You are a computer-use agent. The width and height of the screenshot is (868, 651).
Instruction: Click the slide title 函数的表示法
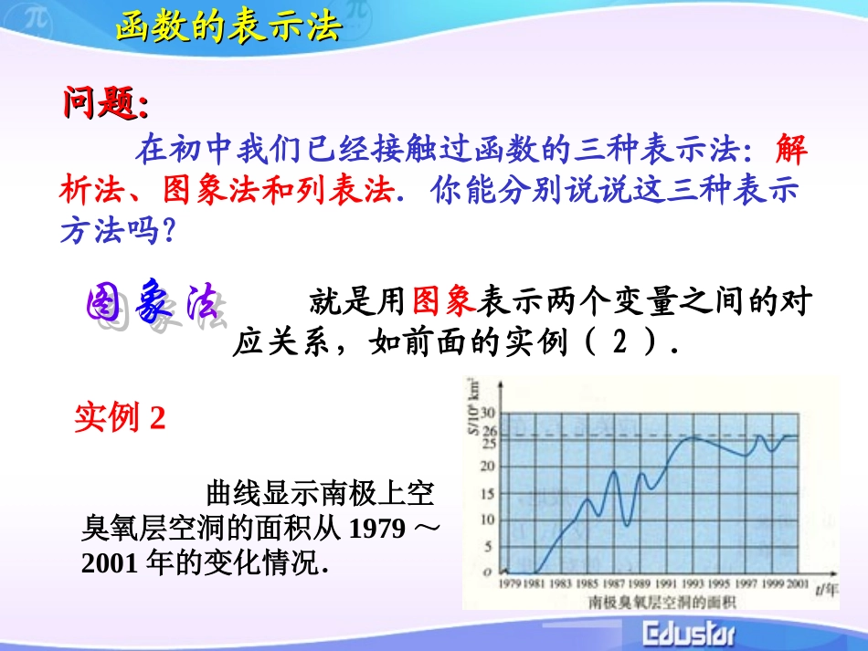[x=228, y=27]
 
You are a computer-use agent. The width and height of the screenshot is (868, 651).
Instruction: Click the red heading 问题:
[x=104, y=104]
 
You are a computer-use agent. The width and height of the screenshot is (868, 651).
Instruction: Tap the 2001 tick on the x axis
[x=795, y=583]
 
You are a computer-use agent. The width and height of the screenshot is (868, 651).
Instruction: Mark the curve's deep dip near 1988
[x=626, y=525]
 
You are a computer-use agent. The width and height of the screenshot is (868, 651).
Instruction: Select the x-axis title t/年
[x=826, y=588]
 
